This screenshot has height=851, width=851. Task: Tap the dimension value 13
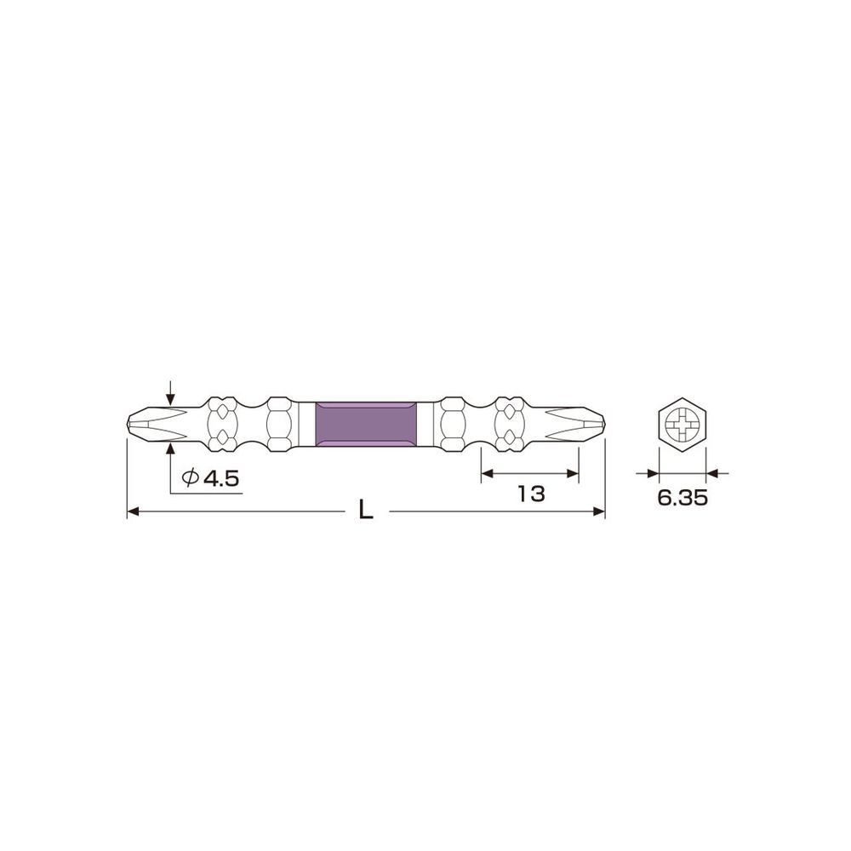530,494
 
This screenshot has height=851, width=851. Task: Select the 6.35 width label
682,499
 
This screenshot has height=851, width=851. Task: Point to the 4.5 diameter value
220,479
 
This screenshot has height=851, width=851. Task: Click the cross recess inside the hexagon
683,423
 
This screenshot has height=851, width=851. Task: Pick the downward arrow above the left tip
172,399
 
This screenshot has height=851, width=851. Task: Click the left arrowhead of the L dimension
133,511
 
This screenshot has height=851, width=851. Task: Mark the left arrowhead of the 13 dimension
488,473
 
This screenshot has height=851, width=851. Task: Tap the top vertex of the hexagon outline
683,397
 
